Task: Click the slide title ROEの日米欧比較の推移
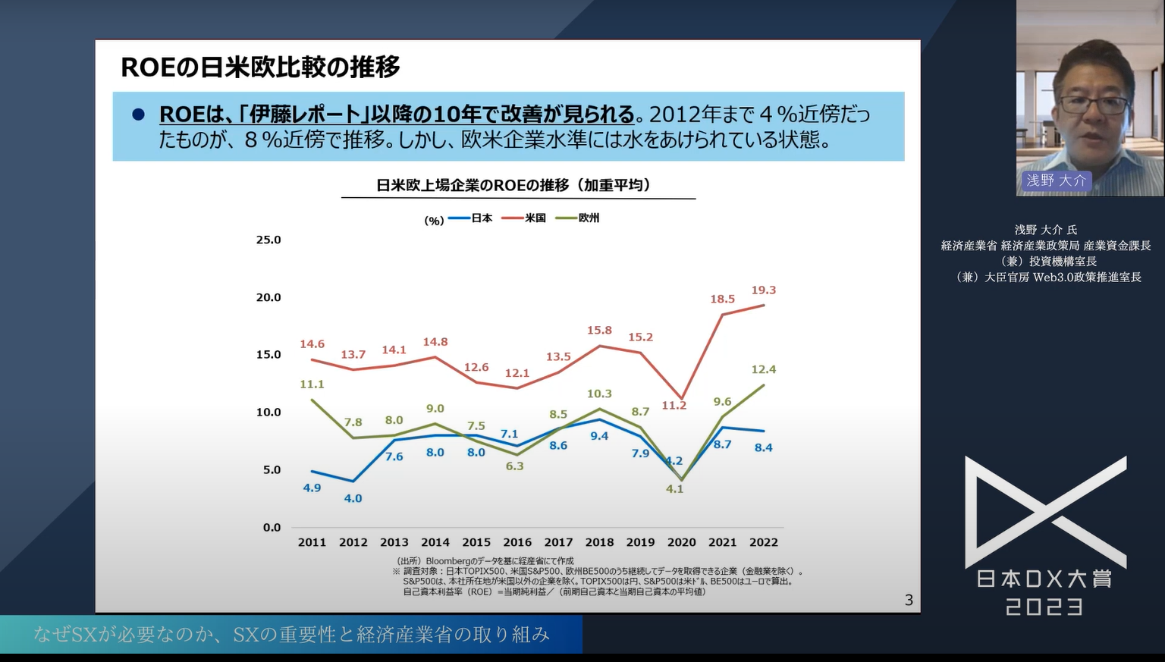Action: coord(260,67)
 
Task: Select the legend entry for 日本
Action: coord(472,218)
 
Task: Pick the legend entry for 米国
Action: coord(525,218)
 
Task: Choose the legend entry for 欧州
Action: coord(579,218)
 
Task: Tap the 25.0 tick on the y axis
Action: coord(268,240)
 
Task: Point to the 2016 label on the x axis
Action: coord(517,542)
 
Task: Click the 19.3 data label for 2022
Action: coord(763,290)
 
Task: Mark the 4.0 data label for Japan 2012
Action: coord(353,498)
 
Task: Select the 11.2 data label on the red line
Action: coord(674,406)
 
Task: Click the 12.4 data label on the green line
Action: coord(763,370)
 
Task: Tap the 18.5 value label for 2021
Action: coord(722,300)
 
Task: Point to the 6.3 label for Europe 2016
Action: coord(514,466)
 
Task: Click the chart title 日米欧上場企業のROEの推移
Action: coord(513,185)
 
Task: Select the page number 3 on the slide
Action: coord(909,601)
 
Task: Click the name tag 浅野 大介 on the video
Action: coord(1056,180)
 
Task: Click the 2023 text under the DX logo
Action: coord(1044,607)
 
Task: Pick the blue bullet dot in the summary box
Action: coord(138,115)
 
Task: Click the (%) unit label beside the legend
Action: coord(434,221)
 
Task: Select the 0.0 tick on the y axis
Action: coord(272,528)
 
